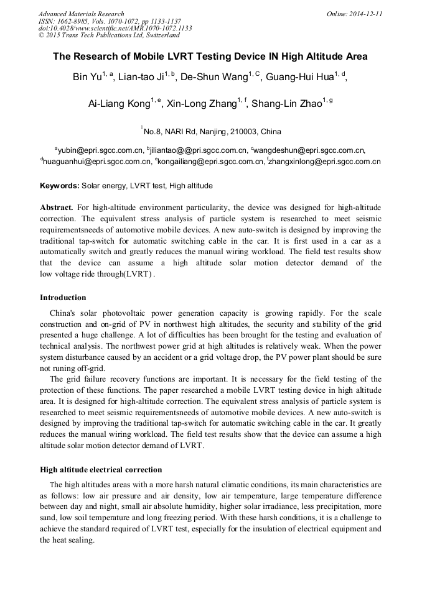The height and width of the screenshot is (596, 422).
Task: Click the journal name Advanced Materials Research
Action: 81,14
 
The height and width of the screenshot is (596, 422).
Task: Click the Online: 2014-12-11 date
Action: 354,14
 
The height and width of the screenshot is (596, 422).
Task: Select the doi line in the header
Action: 115,28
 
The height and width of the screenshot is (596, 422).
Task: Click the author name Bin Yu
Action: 86,78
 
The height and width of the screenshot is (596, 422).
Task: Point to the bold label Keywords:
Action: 60,186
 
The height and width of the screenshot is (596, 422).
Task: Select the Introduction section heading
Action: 63,298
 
